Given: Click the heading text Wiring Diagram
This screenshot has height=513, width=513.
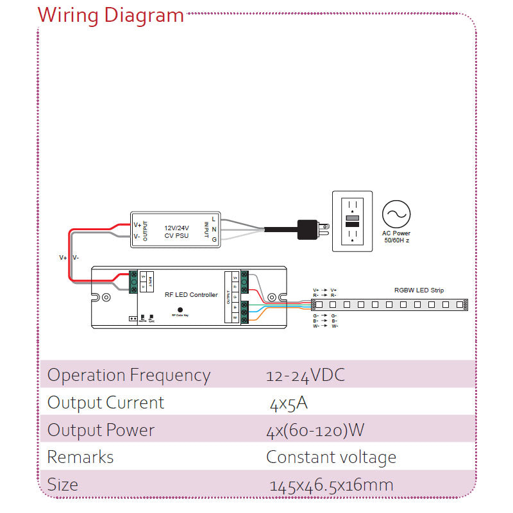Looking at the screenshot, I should coord(110,15).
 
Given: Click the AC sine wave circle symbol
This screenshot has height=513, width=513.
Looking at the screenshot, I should coord(396,214).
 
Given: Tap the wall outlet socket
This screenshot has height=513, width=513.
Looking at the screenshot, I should coord(351,221).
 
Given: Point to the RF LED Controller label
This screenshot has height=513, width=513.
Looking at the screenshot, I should coord(190,295).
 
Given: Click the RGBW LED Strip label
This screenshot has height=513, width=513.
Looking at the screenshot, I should coord(419,290).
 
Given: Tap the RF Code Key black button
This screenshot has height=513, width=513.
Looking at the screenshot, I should coord(180,309).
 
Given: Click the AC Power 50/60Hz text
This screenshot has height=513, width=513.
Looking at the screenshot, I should coord(396,237).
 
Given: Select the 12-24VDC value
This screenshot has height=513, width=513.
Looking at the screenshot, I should coord(305,375).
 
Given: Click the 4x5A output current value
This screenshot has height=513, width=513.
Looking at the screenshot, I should coord(289,403).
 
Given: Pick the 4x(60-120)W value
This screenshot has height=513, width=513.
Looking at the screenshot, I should coord(315,430).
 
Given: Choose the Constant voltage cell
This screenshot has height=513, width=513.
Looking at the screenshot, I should coord(331,457).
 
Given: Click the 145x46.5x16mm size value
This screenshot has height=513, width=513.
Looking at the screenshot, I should coord(332,485).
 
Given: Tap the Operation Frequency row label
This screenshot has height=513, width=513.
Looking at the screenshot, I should coord(129,375).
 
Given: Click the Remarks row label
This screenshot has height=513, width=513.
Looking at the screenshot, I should coord(80,457).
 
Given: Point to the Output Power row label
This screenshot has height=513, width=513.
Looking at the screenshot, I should coord(101,430).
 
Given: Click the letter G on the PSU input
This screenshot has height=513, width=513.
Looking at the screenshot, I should coord(214,240).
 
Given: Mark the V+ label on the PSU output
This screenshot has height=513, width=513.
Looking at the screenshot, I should coord(137,225).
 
